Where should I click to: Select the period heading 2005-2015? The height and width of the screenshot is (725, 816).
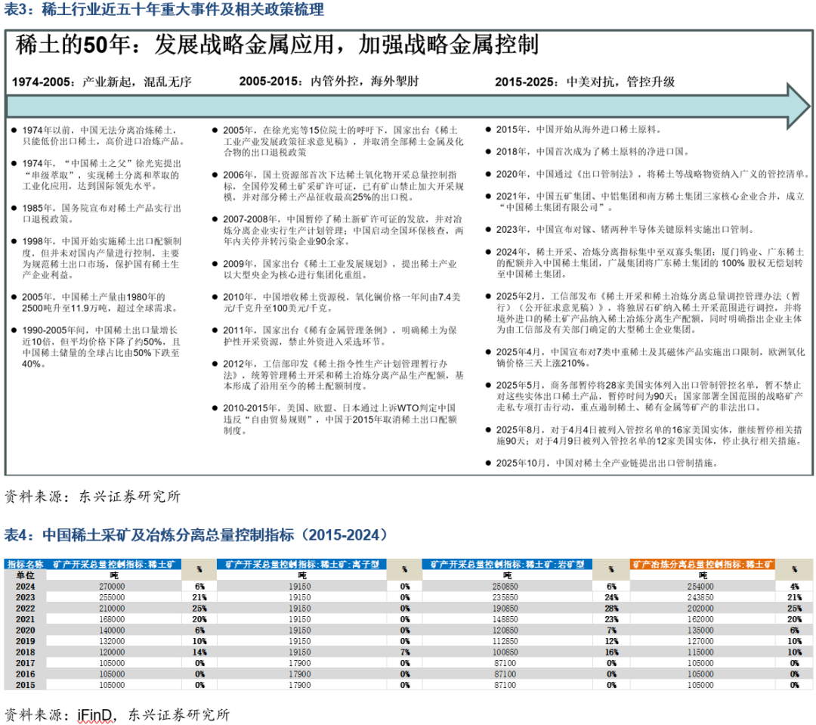267,82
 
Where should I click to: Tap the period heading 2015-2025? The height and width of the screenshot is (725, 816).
523,82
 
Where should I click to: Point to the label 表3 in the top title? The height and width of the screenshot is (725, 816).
17,10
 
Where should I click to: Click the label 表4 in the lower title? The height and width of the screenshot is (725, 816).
19,535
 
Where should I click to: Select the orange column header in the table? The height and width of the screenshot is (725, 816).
702,564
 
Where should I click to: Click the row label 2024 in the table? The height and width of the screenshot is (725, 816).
26,586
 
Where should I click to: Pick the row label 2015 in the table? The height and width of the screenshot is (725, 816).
26,685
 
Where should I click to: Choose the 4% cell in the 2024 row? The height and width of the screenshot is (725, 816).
793,586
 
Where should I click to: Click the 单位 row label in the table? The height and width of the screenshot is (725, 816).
26,575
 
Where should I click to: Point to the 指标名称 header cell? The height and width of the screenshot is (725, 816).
26,564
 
